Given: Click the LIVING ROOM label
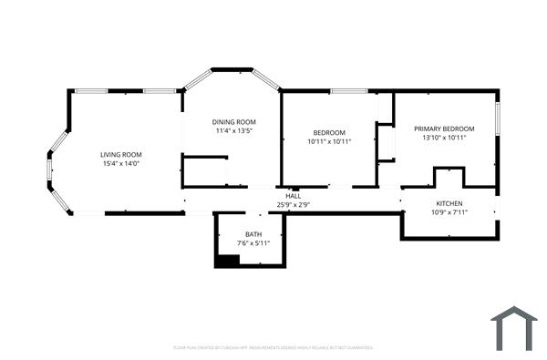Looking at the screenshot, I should (120, 154).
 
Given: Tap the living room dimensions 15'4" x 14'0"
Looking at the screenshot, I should (120, 164).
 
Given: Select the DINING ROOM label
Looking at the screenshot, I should (233, 121).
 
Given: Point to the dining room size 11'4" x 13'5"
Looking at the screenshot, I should (233, 131).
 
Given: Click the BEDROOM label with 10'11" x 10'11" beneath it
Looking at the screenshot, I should (329, 132).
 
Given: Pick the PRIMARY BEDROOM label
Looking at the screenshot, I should (444, 129).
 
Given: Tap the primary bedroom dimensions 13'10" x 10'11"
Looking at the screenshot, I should (444, 139).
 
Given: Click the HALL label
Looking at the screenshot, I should (294, 196).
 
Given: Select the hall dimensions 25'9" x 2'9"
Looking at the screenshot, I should (294, 205).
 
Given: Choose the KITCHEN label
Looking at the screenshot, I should (449, 203).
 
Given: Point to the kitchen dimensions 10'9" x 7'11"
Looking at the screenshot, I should (449, 212).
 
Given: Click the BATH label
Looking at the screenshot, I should (253, 234).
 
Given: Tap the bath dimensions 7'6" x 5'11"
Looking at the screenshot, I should (253, 243).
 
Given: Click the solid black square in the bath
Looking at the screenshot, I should (226, 261).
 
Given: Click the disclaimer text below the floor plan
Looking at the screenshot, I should (273, 347).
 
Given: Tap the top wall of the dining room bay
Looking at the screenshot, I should (232, 68).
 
